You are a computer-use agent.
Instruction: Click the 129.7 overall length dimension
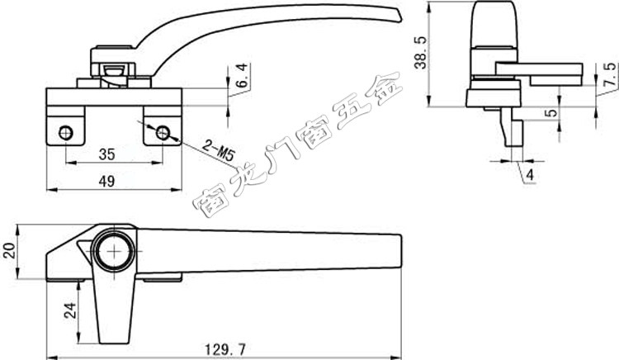225,349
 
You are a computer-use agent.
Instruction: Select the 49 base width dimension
106,181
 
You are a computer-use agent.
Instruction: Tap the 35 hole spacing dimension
107,154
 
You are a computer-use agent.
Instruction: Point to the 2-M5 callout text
218,150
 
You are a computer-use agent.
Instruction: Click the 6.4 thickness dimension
242,75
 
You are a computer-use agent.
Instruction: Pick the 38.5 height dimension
421,53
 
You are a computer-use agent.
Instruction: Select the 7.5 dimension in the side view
611,74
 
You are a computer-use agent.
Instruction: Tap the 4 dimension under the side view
530,174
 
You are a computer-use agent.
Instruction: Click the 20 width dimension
9,251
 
